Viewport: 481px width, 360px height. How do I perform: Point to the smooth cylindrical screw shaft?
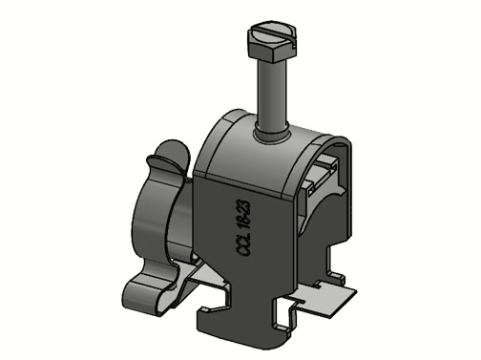(273, 95)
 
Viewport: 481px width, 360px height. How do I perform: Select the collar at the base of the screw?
(272, 135)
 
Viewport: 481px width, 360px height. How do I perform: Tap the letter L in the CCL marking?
(244, 235)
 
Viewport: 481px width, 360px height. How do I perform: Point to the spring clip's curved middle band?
(151, 222)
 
